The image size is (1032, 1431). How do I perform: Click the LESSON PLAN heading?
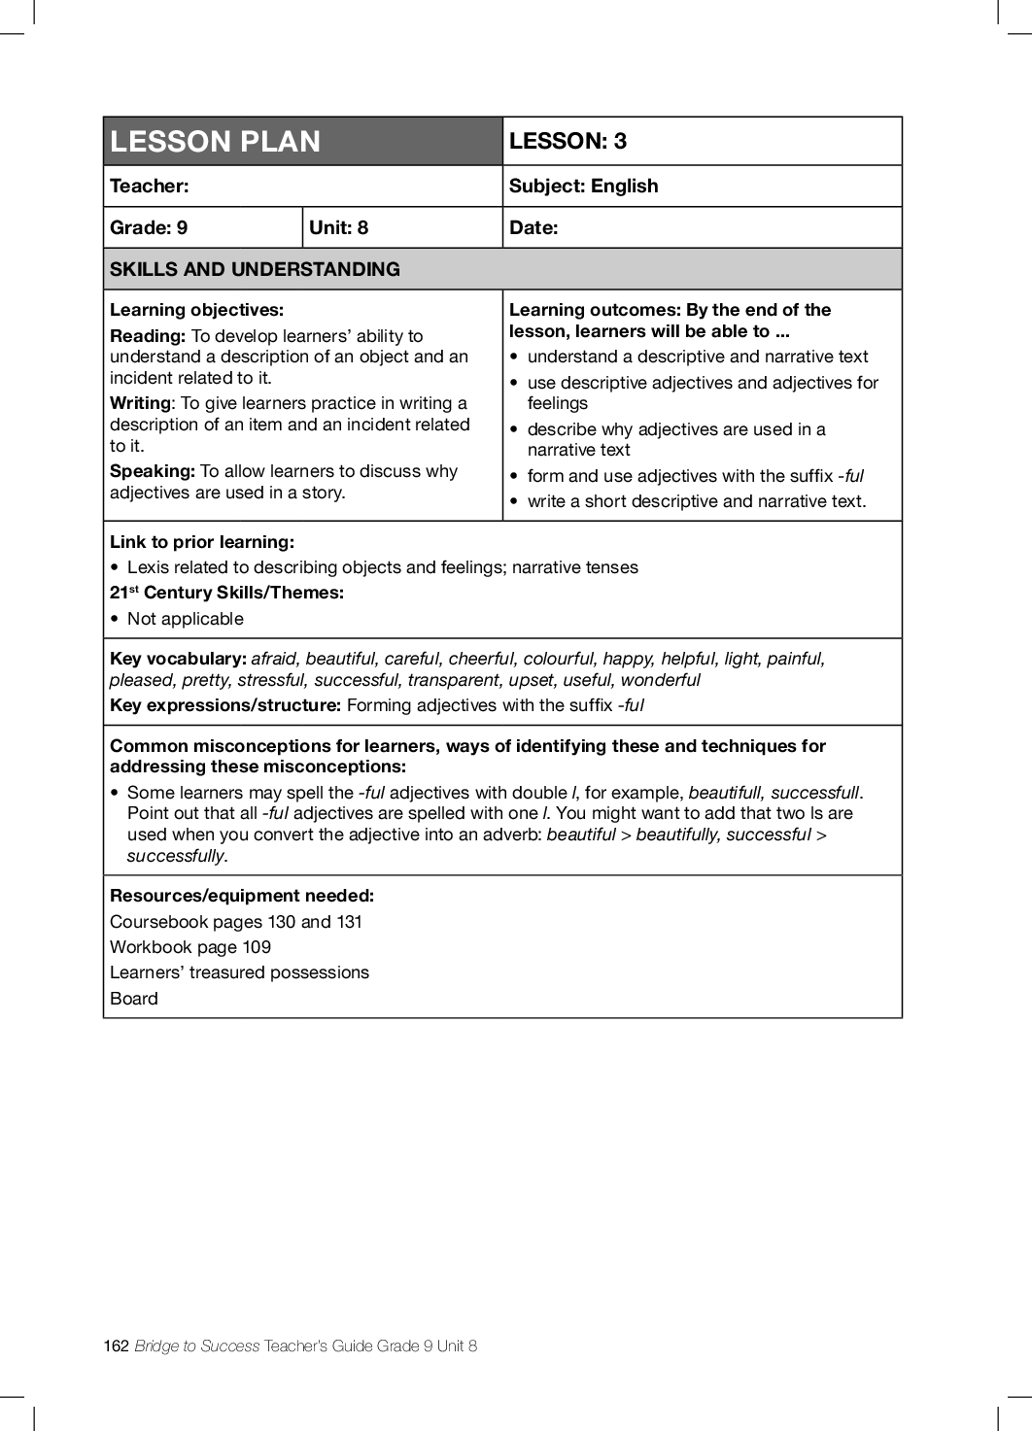click(215, 142)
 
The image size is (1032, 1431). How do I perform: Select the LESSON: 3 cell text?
click(568, 141)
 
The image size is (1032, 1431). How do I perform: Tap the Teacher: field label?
click(150, 186)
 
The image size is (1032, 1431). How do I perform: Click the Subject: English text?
click(583, 186)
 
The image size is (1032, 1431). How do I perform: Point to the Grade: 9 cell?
click(149, 227)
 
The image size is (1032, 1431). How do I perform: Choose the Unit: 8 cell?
click(338, 227)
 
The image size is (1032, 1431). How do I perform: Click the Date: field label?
click(533, 227)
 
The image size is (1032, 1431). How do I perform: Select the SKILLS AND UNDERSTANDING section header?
click(255, 269)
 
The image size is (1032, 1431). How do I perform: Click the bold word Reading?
click(148, 336)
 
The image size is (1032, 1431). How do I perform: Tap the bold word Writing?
click(140, 403)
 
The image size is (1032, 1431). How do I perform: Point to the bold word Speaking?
click(153, 471)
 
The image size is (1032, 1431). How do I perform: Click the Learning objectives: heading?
click(196, 310)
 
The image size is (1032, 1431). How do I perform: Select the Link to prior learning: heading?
click(201, 542)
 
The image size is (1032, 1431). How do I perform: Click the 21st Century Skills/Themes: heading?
click(226, 593)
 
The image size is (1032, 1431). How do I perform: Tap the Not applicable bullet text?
click(185, 619)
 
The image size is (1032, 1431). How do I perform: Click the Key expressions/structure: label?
click(225, 705)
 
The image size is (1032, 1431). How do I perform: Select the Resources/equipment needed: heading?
click(242, 896)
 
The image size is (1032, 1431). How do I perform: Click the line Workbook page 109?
click(190, 947)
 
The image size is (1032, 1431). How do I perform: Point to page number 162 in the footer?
click(116, 1346)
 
